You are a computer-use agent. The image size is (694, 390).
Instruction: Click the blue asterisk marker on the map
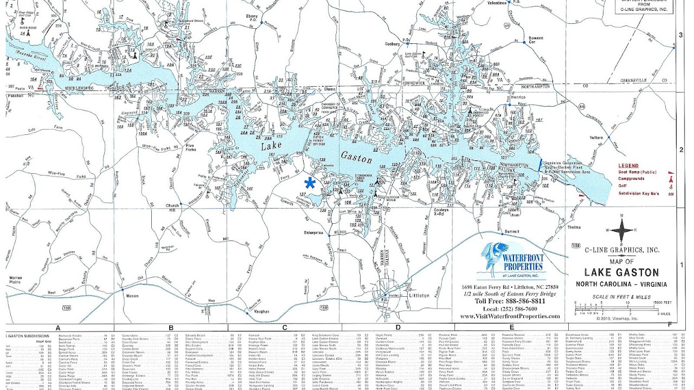coord(310,182)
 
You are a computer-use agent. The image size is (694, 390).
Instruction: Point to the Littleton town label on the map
coord(419,296)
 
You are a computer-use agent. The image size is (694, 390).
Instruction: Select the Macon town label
coord(132,296)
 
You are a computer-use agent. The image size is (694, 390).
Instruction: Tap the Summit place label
coord(511,231)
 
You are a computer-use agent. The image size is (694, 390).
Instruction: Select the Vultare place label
coord(596,138)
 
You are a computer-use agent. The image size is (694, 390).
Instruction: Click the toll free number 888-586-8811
coord(510,301)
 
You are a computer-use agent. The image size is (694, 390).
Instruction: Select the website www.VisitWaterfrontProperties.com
coord(510,316)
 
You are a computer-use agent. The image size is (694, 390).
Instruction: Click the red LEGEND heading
coord(628,166)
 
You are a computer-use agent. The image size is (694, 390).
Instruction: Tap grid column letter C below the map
coord(284,328)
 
